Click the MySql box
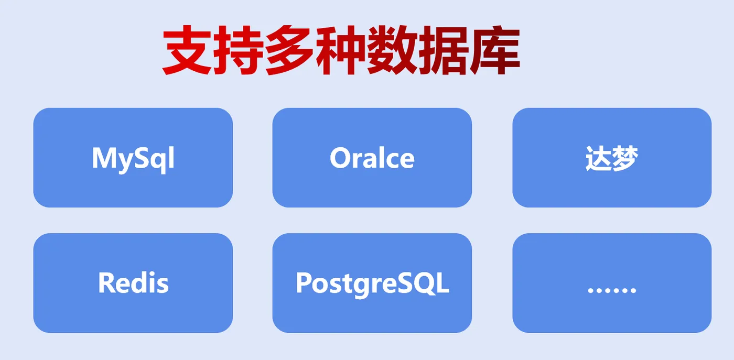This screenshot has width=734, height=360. (133, 158)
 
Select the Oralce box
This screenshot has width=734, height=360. (372, 158)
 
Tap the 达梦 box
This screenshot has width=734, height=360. (612, 158)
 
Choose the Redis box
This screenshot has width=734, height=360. (133, 283)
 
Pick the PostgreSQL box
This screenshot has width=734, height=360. (372, 283)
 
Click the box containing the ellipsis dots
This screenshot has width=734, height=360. (612, 283)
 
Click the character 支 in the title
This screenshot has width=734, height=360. (188, 51)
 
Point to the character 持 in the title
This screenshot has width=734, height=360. (239, 51)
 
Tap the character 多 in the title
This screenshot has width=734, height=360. (290, 51)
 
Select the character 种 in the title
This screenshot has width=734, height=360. (341, 51)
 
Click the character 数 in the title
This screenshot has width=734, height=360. (392, 51)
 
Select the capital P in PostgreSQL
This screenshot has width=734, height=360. (304, 282)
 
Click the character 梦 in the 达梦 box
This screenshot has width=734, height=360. (625, 158)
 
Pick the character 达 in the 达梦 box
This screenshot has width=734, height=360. (598, 158)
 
